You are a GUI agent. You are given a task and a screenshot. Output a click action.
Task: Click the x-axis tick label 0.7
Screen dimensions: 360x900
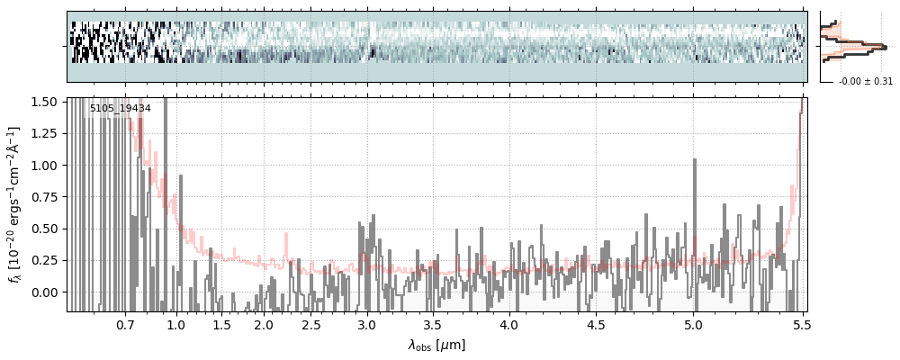tap(125, 324)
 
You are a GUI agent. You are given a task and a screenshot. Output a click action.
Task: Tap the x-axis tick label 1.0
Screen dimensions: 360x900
tap(176, 324)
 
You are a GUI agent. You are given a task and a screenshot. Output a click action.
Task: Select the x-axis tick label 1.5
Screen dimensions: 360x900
tap(221, 324)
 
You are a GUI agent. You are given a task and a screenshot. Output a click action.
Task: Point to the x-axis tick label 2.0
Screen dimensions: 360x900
tap(264, 324)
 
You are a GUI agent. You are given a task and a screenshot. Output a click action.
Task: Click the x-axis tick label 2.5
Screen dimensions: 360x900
tap(310, 324)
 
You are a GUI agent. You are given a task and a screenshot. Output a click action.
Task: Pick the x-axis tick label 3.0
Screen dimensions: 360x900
tap(367, 324)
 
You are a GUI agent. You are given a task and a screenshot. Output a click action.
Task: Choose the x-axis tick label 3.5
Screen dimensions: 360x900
tap(432, 324)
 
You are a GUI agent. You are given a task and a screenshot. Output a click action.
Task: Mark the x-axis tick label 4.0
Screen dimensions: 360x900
tap(509, 324)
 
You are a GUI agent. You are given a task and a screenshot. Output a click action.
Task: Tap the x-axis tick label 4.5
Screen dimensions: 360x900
tap(597, 324)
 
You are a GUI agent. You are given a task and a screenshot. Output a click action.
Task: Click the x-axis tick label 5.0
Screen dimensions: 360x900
tap(694, 324)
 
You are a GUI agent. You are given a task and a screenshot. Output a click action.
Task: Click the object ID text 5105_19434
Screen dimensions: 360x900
tap(120, 109)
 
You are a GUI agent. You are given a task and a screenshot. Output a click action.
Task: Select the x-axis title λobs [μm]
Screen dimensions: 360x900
tap(436, 345)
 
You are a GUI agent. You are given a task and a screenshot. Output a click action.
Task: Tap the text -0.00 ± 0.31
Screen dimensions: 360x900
tap(866, 81)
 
